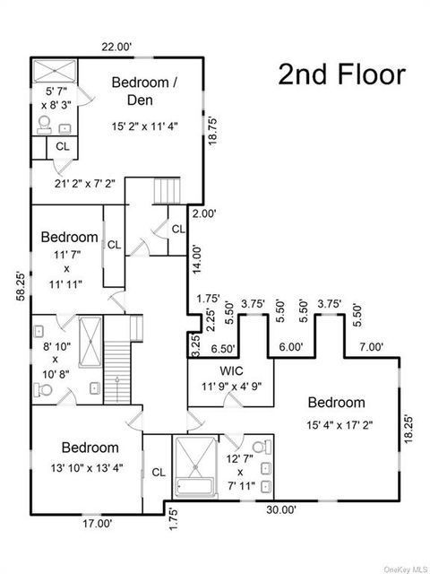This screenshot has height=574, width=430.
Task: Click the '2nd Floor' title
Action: (x=341, y=75)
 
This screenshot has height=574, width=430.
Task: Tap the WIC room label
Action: (x=231, y=370)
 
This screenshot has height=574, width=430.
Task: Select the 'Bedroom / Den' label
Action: (x=144, y=91)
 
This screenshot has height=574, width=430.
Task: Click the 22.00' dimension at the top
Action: (x=116, y=47)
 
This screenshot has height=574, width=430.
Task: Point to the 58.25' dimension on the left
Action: (x=21, y=291)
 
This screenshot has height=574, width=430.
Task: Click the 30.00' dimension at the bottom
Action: (x=281, y=510)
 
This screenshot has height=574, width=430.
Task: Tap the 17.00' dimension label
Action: (x=97, y=524)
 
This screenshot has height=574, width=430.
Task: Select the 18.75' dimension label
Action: (x=214, y=131)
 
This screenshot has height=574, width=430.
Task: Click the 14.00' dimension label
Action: (x=197, y=259)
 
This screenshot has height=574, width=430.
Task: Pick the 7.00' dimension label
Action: (x=370, y=347)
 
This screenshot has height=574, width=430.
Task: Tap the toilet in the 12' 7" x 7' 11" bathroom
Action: (x=262, y=447)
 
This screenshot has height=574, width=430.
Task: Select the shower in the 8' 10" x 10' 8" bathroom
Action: (x=90, y=343)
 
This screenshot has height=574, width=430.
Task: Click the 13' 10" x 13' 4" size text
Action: (x=87, y=468)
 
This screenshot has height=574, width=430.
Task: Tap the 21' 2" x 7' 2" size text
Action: (x=84, y=184)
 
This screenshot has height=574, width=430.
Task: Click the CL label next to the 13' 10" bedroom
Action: (x=159, y=473)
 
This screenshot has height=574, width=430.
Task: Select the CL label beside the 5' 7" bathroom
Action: (x=62, y=147)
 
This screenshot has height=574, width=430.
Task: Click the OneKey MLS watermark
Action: (x=407, y=570)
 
